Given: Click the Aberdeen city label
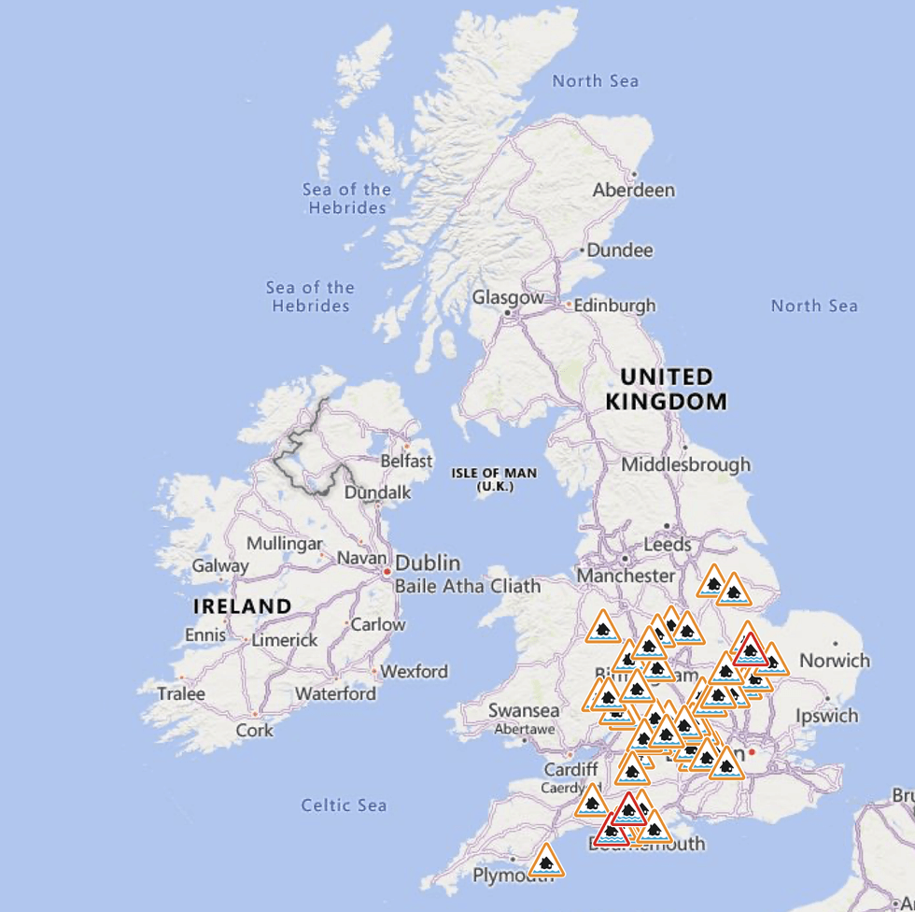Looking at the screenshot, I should point(633,190).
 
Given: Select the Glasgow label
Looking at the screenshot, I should point(507,298).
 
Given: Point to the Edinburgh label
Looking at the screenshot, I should point(613,306).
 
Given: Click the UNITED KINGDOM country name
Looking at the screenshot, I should point(666,390).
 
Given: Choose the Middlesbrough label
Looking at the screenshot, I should point(685,464).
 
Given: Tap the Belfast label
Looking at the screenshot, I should point(406,461).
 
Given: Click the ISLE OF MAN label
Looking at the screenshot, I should point(494,478).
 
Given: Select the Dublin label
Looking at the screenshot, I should point(428,563).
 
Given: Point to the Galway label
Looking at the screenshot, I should point(220,565).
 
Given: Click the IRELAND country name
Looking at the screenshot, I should point(242,606).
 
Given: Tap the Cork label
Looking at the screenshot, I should point(254,730).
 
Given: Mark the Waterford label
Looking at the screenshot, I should point(335,693).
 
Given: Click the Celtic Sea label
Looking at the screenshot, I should point(344,805).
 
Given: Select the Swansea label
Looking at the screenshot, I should point(524,711).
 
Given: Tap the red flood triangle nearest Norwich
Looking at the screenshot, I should point(750,649).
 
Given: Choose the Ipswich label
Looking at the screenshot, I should point(826,716).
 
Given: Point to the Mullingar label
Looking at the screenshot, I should point(284,544).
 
